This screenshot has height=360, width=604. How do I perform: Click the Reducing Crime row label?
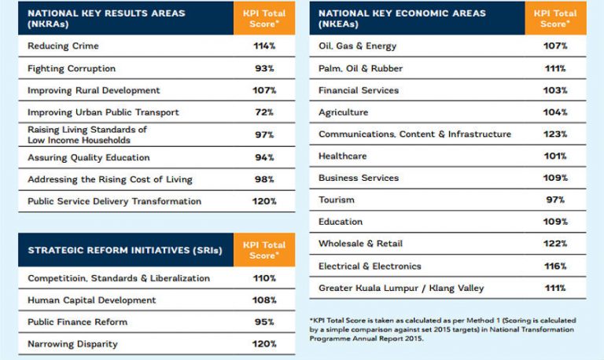click(x=63, y=46)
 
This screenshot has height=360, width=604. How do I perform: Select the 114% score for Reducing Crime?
click(x=264, y=46)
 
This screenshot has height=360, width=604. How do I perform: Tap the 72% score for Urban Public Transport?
click(x=264, y=112)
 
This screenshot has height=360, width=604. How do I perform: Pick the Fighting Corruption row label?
click(x=72, y=68)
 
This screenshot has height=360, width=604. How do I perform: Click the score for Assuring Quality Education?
click(x=264, y=157)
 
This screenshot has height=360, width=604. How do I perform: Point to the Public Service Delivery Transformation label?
click(x=114, y=201)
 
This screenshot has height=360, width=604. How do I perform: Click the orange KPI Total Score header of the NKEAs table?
click(x=555, y=18)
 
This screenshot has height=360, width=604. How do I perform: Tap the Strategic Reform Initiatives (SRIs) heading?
click(x=125, y=251)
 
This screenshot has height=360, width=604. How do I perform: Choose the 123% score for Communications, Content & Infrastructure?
click(x=555, y=134)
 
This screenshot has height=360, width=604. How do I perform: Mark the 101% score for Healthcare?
click(x=555, y=156)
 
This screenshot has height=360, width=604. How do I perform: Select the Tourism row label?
click(x=337, y=200)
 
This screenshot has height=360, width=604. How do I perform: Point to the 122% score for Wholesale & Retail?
click(x=555, y=244)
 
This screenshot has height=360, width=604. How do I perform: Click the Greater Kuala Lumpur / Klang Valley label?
click(x=401, y=288)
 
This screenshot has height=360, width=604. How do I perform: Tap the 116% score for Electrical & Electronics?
click(x=555, y=266)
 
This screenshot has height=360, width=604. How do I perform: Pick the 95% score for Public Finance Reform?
click(x=264, y=322)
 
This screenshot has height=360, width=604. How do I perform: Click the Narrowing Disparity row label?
click(x=73, y=344)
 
